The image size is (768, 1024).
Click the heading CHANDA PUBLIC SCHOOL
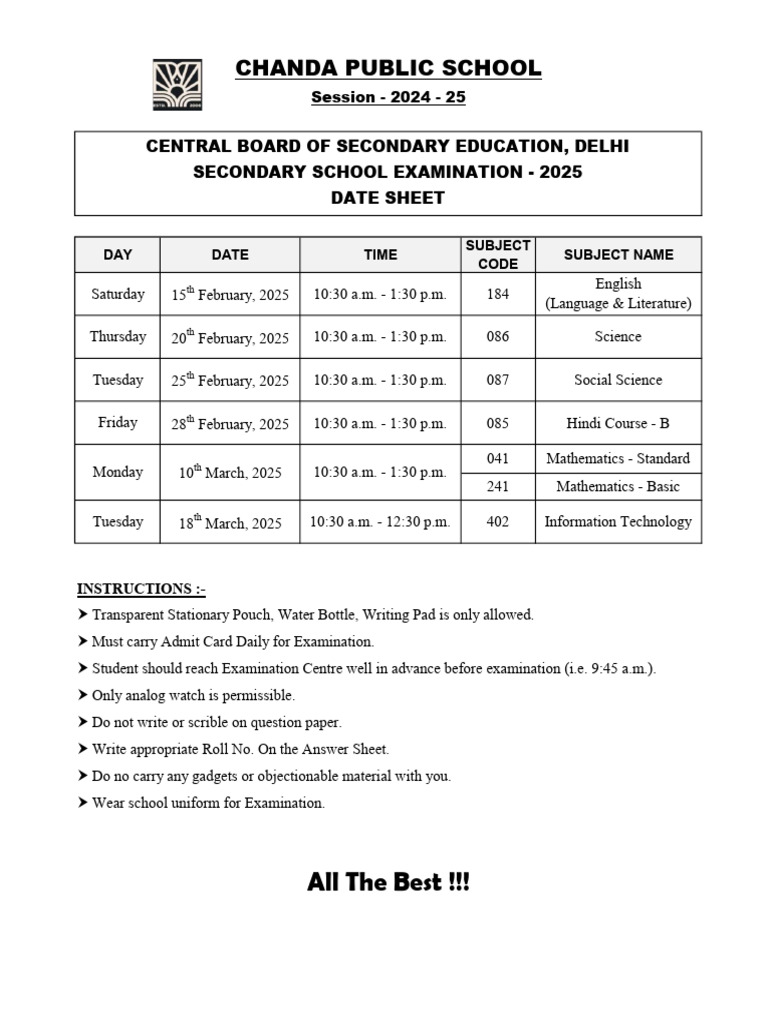coord(388,68)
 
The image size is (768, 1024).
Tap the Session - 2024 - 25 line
coord(388,98)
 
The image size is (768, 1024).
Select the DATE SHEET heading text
coord(388,198)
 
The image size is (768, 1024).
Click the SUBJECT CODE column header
coord(498,255)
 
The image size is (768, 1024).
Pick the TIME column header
coord(380,255)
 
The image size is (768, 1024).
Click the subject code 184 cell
coord(498,294)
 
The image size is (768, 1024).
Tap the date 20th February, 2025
coord(230,338)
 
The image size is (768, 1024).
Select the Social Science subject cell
coord(618,380)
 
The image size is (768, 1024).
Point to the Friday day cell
coord(118,423)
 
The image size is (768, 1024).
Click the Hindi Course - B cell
coord(618,423)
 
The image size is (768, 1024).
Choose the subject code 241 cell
coord(498,487)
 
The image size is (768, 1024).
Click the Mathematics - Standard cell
coord(618,459)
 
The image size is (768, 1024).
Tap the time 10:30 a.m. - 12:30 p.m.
coord(380,522)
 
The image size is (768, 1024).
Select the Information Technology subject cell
coord(618,522)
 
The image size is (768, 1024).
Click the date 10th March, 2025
coord(230,473)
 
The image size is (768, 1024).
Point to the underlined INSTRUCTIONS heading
coord(141,588)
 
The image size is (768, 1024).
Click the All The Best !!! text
coord(388,883)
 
